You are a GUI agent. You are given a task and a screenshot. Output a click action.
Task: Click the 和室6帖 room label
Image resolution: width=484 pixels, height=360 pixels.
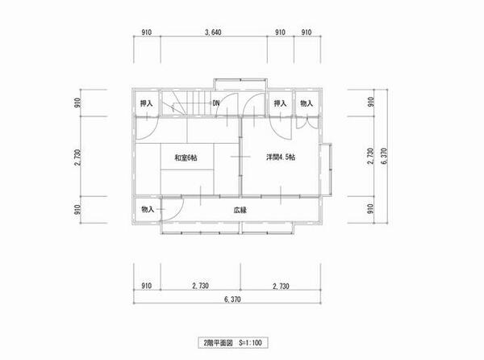[186, 157]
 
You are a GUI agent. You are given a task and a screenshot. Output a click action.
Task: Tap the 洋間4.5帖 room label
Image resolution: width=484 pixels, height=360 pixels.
[281, 157]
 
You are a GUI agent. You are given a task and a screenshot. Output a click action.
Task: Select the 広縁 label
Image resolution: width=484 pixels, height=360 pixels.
[240, 210]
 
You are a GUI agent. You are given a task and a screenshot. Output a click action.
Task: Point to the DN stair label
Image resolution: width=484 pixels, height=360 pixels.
[216, 103]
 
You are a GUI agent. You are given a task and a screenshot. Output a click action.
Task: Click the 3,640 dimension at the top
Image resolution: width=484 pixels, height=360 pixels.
[213, 32]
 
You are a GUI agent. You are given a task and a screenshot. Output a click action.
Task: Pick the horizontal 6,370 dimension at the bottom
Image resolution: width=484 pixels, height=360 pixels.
[233, 299]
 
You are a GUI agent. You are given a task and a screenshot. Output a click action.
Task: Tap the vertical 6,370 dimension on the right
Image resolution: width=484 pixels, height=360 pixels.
[384, 157]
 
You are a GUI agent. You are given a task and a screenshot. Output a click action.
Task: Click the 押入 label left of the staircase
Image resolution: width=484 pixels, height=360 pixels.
[146, 103]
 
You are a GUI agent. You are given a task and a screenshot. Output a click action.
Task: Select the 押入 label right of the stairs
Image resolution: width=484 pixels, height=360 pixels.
[280, 103]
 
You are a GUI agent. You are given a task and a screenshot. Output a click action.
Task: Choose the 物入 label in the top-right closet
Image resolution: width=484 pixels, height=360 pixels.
[307, 103]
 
